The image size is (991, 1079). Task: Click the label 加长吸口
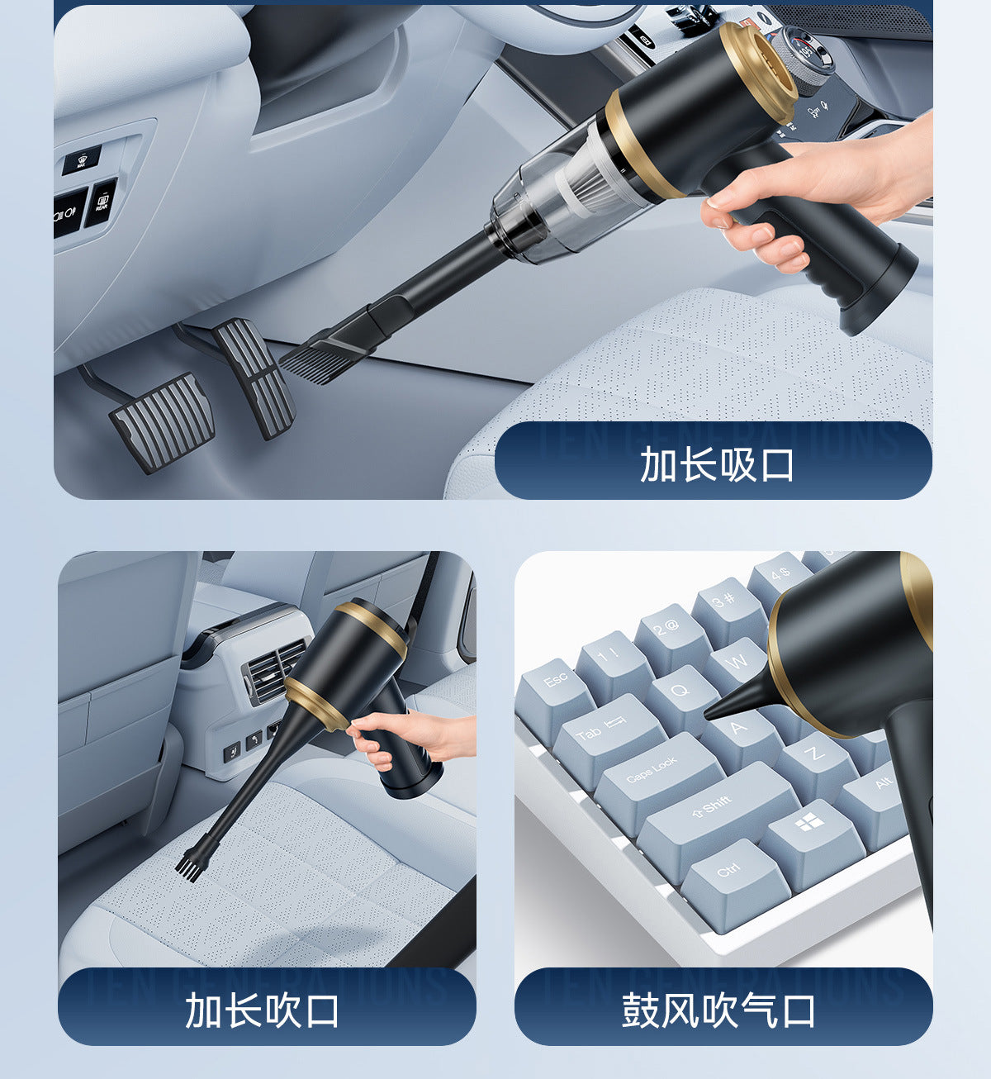(x=715, y=464)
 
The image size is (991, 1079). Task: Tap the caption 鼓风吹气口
(x=718, y=1010)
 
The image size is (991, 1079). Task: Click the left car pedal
(x=162, y=421)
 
